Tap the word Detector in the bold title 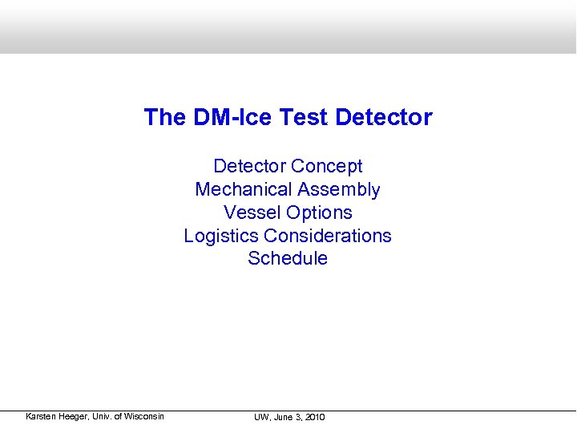tap(384, 118)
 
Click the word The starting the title tap(164, 118)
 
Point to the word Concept tap(327, 166)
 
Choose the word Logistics tap(221, 236)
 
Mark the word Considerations tap(328, 236)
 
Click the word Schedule tap(288, 258)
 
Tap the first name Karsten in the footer tap(41, 416)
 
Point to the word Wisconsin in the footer tap(144, 416)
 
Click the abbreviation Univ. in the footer tap(104, 416)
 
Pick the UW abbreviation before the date tap(262, 417)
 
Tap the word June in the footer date tap(285, 417)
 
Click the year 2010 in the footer tap(315, 417)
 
